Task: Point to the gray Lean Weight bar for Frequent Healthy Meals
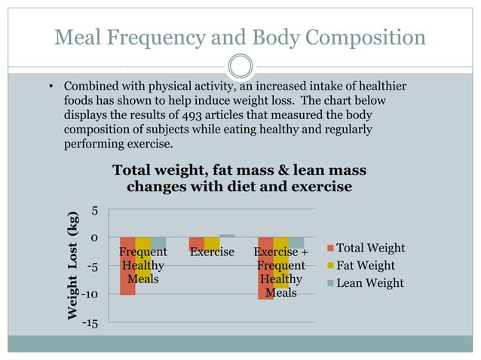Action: pos(158,243)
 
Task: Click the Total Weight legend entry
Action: pos(366,248)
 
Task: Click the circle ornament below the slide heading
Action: pos(240,66)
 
